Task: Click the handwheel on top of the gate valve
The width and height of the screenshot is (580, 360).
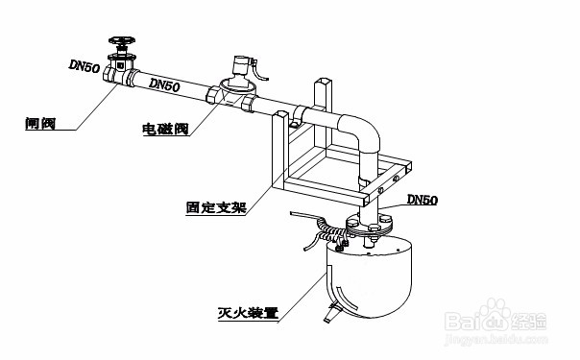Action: tap(121, 41)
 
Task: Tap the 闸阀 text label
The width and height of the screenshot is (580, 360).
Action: tap(38, 124)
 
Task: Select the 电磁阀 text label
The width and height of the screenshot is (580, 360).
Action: tap(164, 129)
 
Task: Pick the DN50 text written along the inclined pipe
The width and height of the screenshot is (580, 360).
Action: tap(165, 85)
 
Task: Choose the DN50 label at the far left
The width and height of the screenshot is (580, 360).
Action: tap(85, 65)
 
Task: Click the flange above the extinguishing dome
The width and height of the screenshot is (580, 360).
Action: tap(369, 228)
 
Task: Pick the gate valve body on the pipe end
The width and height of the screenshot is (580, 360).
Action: tap(121, 72)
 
